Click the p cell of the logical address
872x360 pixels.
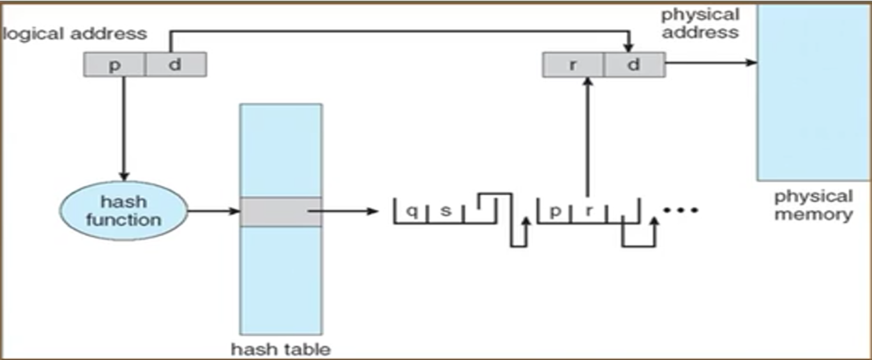pos(114,65)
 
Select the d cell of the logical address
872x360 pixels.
pos(176,65)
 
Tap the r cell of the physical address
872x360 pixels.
pos(573,65)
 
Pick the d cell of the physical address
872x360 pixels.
pos(635,65)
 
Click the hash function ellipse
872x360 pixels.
pos(123,211)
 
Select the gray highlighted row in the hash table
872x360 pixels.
pos(280,211)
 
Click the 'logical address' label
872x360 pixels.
pos(75,34)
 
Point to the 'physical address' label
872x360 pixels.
pos(700,23)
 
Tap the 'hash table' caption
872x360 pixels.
pos(280,349)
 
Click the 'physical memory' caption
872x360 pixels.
pos(813,205)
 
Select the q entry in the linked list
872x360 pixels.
pos(412,211)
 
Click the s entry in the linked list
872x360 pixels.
pos(446,211)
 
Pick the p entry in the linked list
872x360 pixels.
pos(555,211)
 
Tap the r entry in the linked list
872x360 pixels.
pos(589,211)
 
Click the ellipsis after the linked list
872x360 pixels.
pos(681,211)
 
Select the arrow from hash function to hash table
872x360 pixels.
pos(213,211)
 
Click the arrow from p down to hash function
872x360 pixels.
pos(123,129)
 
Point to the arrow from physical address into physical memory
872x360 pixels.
pos(712,63)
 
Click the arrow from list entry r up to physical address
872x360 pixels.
pos(588,137)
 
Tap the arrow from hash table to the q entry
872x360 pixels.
pos(343,211)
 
